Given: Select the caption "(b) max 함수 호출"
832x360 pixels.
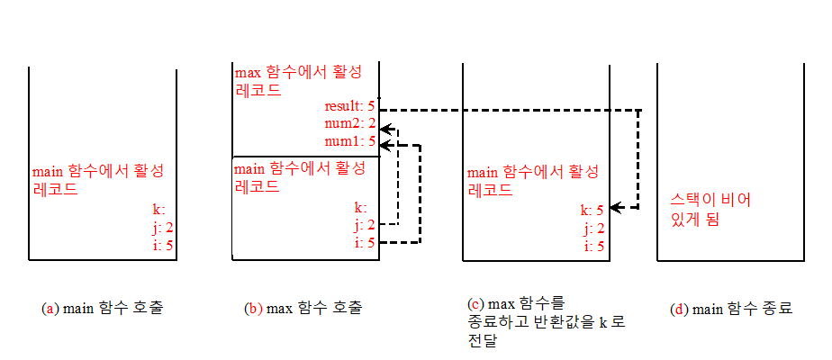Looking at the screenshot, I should tap(303, 309).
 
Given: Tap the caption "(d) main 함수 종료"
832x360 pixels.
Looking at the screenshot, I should tap(731, 309).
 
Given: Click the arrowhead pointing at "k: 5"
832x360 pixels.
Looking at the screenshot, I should tap(611, 209).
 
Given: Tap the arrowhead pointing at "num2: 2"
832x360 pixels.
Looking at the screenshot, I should tap(384, 126).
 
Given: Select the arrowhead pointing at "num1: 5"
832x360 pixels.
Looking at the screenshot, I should tap(384, 143).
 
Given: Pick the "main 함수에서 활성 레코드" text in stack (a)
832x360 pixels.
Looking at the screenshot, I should tap(97, 180).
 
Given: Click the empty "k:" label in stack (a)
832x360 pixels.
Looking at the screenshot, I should tap(158, 211).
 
